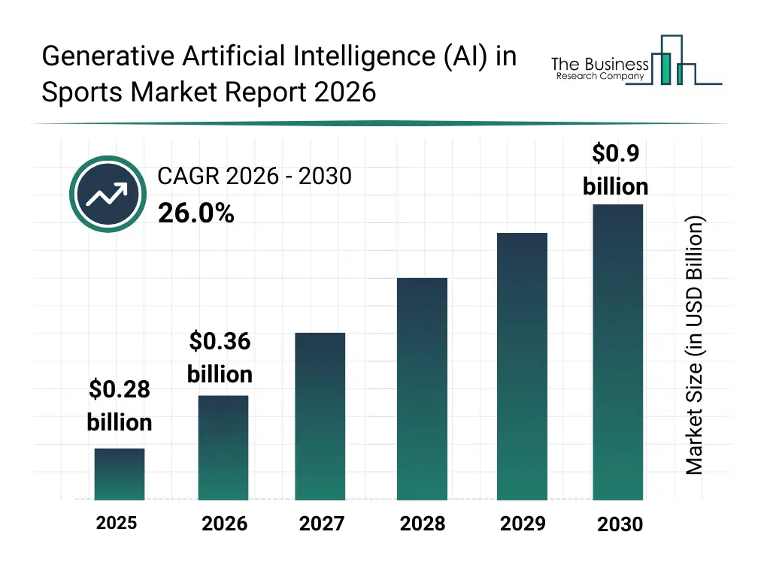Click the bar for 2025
(120, 474)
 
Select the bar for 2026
(223, 448)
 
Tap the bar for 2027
(320, 416)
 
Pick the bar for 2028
(422, 388)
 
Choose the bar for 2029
(522, 366)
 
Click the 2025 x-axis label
(117, 522)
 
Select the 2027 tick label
(322, 524)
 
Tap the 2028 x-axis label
(422, 524)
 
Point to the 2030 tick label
(620, 524)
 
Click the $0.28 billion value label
(120, 406)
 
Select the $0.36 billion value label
(220, 358)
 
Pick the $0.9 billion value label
(616, 170)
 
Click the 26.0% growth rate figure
(196, 214)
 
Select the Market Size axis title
(694, 345)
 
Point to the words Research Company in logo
(600, 77)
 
